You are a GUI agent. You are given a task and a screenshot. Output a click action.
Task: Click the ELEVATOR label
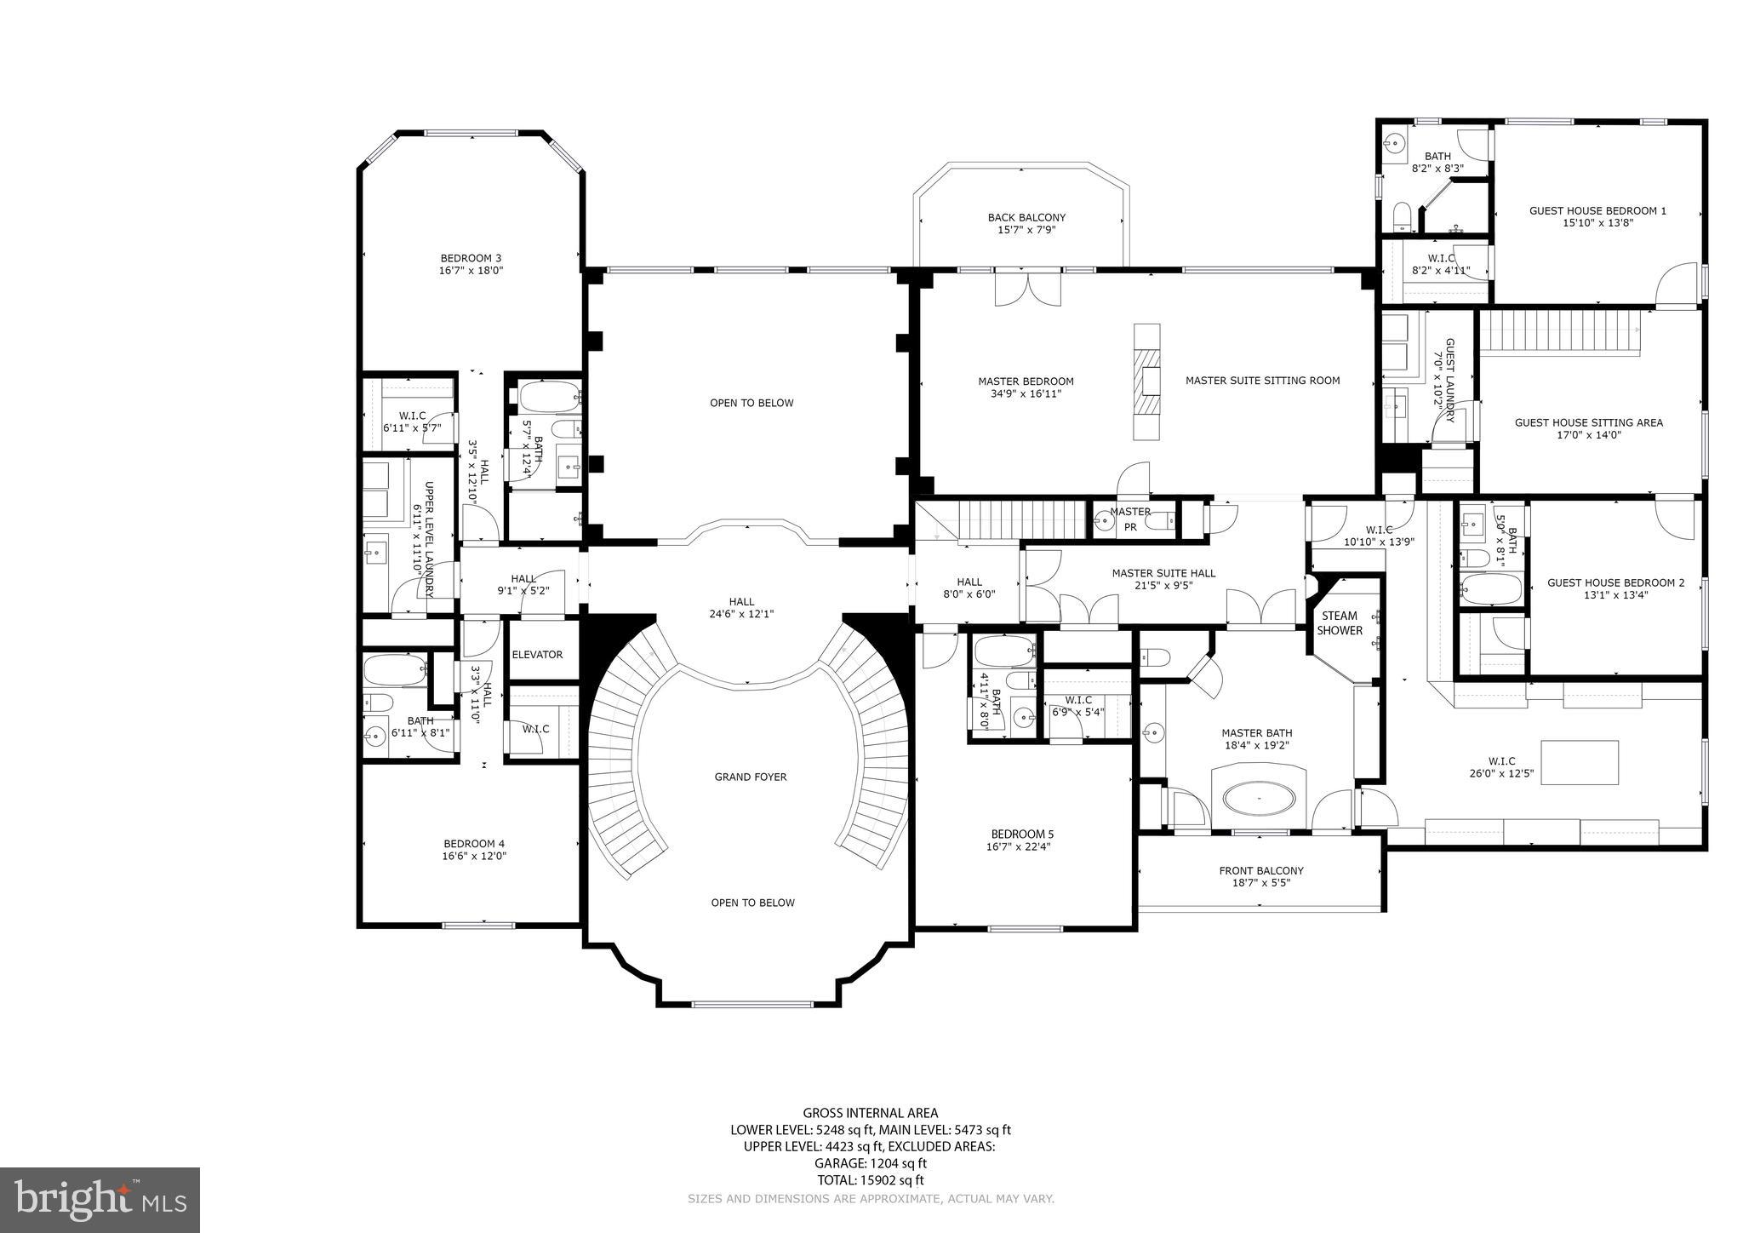click(537, 655)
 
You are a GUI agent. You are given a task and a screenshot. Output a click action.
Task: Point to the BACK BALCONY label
click(1026, 217)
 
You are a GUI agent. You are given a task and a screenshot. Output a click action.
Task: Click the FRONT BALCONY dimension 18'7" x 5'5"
click(1261, 883)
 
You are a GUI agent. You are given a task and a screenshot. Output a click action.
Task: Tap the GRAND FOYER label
click(751, 777)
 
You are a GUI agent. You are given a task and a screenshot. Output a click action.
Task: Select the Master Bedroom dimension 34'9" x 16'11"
click(1026, 394)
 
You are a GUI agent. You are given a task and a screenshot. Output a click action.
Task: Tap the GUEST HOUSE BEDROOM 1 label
click(1597, 210)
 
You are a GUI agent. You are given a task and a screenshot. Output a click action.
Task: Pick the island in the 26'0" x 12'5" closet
click(1580, 762)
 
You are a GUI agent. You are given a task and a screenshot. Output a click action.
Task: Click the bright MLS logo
click(100, 1199)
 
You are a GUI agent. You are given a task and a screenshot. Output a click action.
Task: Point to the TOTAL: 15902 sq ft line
click(870, 1180)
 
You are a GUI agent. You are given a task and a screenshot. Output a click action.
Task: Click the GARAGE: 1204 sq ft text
click(870, 1163)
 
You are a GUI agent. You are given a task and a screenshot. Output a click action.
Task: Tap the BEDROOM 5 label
click(1022, 834)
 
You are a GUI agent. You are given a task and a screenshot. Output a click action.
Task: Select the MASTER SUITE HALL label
click(1163, 573)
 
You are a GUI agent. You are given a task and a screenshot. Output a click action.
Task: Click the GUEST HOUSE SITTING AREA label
click(1588, 422)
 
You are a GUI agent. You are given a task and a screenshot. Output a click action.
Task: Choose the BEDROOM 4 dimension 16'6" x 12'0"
click(474, 857)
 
